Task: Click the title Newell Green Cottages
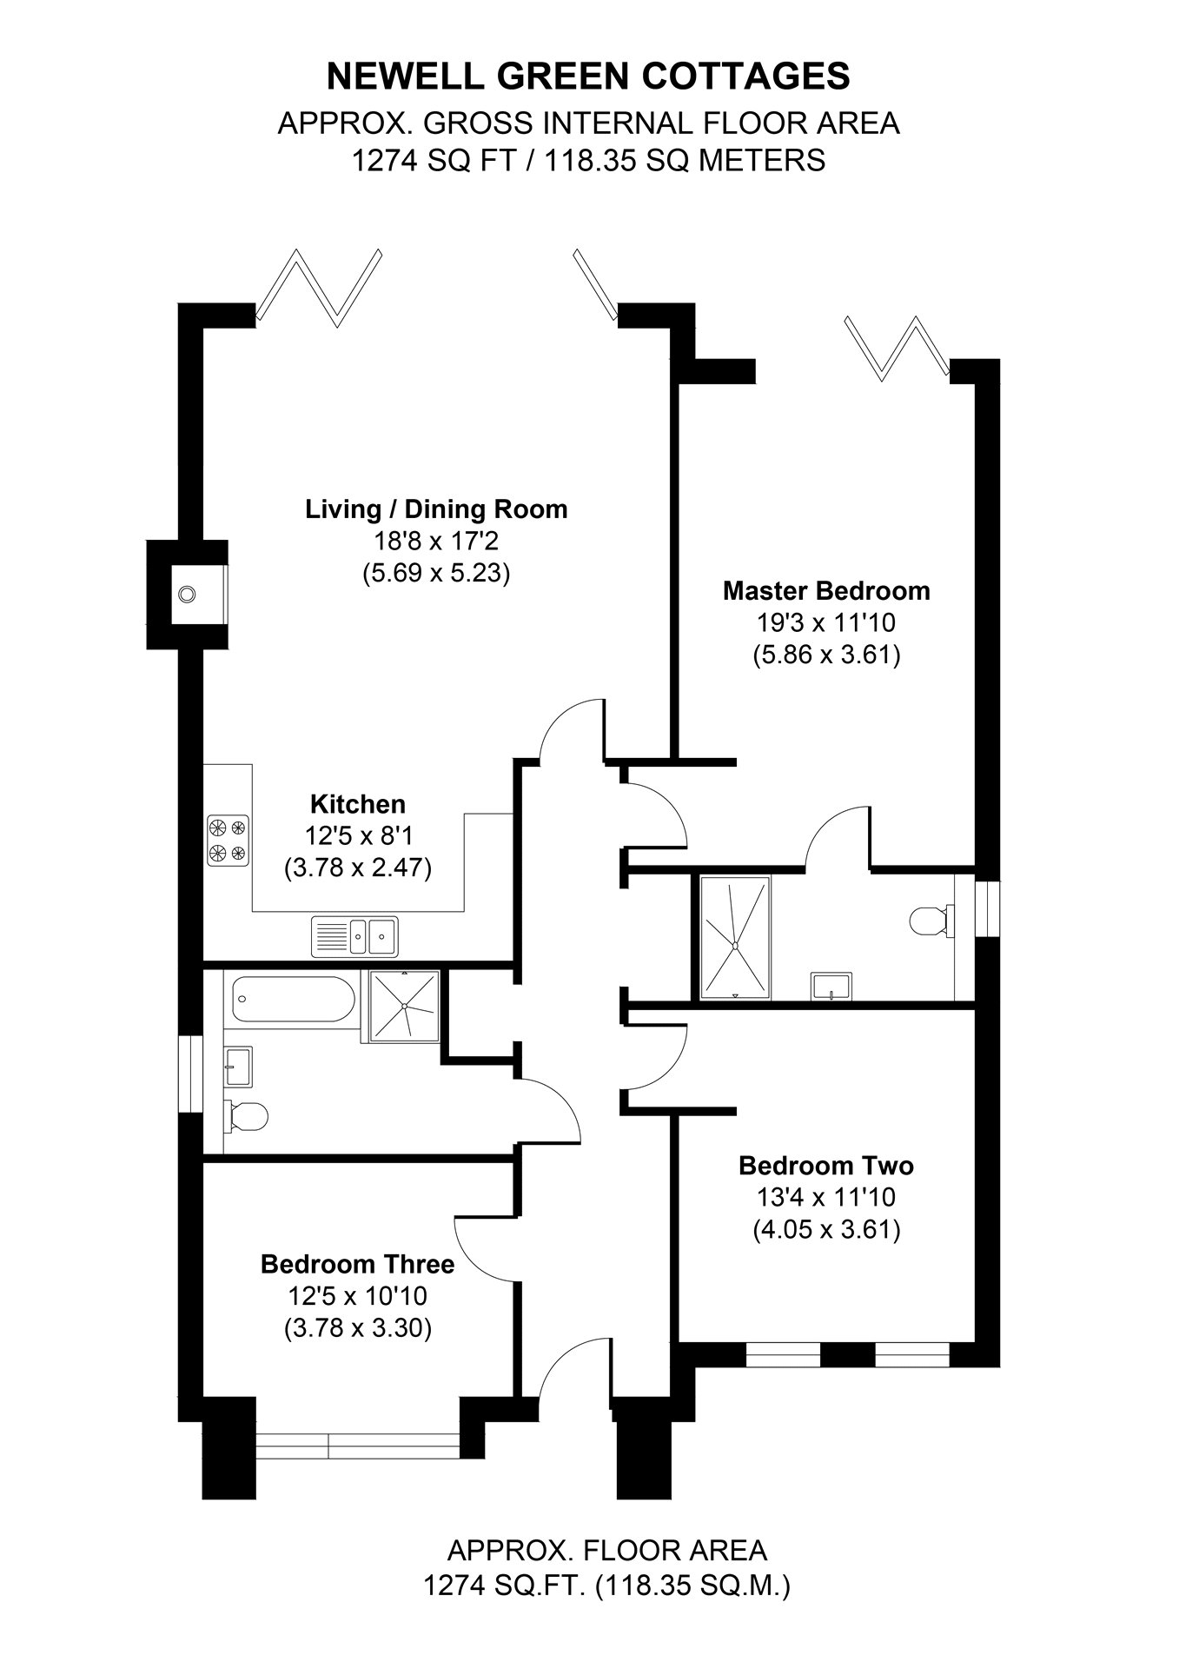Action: [x=588, y=77]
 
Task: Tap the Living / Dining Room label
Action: [x=436, y=509]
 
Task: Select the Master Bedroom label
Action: [x=826, y=591]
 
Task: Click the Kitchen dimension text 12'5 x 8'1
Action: [x=358, y=836]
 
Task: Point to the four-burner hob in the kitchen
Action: [x=228, y=841]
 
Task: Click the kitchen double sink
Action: [x=354, y=936]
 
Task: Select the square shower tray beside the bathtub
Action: [x=404, y=1006]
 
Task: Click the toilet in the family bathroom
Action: [x=245, y=1117]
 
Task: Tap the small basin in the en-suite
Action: [x=831, y=987]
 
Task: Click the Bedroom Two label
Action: [x=825, y=1166]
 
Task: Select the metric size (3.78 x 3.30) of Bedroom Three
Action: [x=358, y=1329]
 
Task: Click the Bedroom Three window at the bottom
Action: [x=358, y=1446]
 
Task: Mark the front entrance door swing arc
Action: [x=569, y=1366]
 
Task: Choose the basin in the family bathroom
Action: [x=237, y=1066]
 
